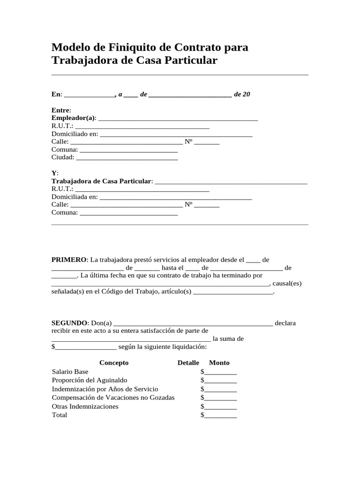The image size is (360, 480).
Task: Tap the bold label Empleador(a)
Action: (x=73, y=117)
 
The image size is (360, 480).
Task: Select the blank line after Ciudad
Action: (x=127, y=157)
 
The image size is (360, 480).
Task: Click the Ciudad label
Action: (x=62, y=157)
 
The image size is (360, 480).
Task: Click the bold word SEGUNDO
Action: (x=69, y=323)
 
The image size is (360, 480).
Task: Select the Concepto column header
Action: (x=114, y=363)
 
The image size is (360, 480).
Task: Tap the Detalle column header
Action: (x=188, y=363)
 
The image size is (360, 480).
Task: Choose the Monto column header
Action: (x=219, y=363)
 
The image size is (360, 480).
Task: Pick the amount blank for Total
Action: (x=220, y=415)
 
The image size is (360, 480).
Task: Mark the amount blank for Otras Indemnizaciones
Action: (x=220, y=407)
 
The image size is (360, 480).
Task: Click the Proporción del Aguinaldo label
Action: (x=90, y=380)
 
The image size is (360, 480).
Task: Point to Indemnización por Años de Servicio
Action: (x=105, y=389)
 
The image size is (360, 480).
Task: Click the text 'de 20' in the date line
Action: (x=242, y=94)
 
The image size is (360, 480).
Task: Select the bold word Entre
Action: (x=60, y=109)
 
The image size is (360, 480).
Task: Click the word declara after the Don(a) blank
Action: (x=285, y=323)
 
